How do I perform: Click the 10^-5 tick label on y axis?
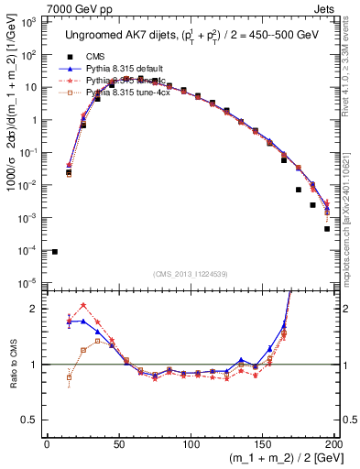tap(29, 283)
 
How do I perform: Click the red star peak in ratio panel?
tap(83, 306)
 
